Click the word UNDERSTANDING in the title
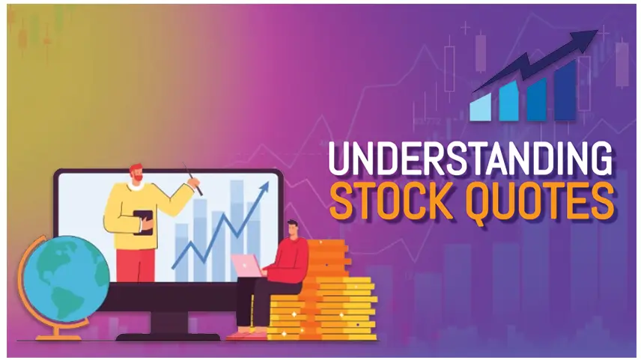point(470,158)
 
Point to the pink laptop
point(247,265)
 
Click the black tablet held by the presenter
point(143,222)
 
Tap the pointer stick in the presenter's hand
point(192,179)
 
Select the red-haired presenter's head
point(136,173)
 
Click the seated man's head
point(293,230)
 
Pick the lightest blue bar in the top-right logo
point(480,107)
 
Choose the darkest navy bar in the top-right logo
point(565,91)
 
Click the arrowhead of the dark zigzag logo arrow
point(588,37)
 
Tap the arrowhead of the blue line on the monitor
point(264,187)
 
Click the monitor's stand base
point(168,337)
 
